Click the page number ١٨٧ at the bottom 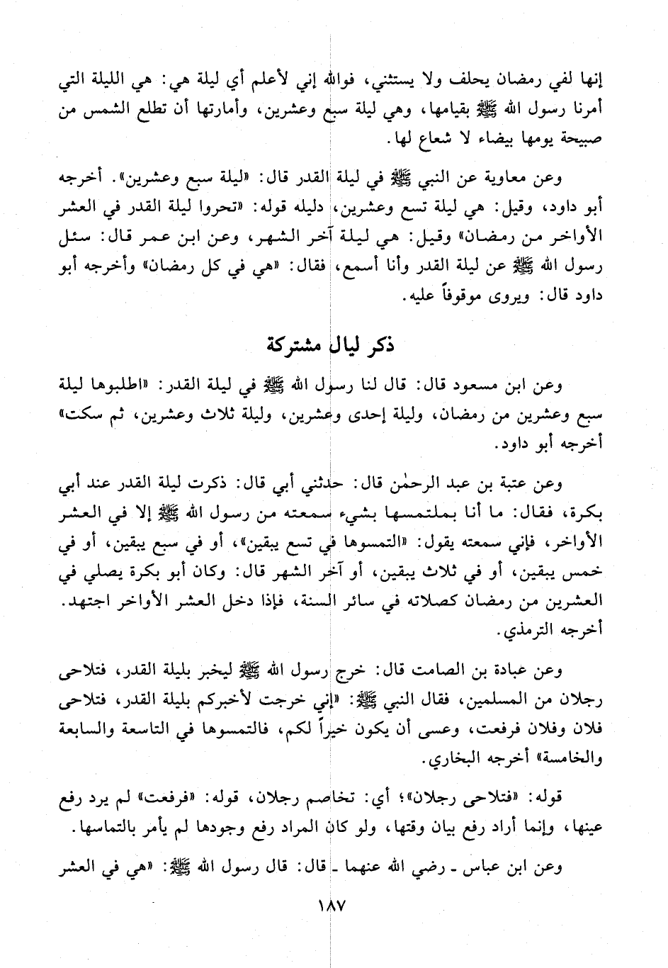pos(328,906)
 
